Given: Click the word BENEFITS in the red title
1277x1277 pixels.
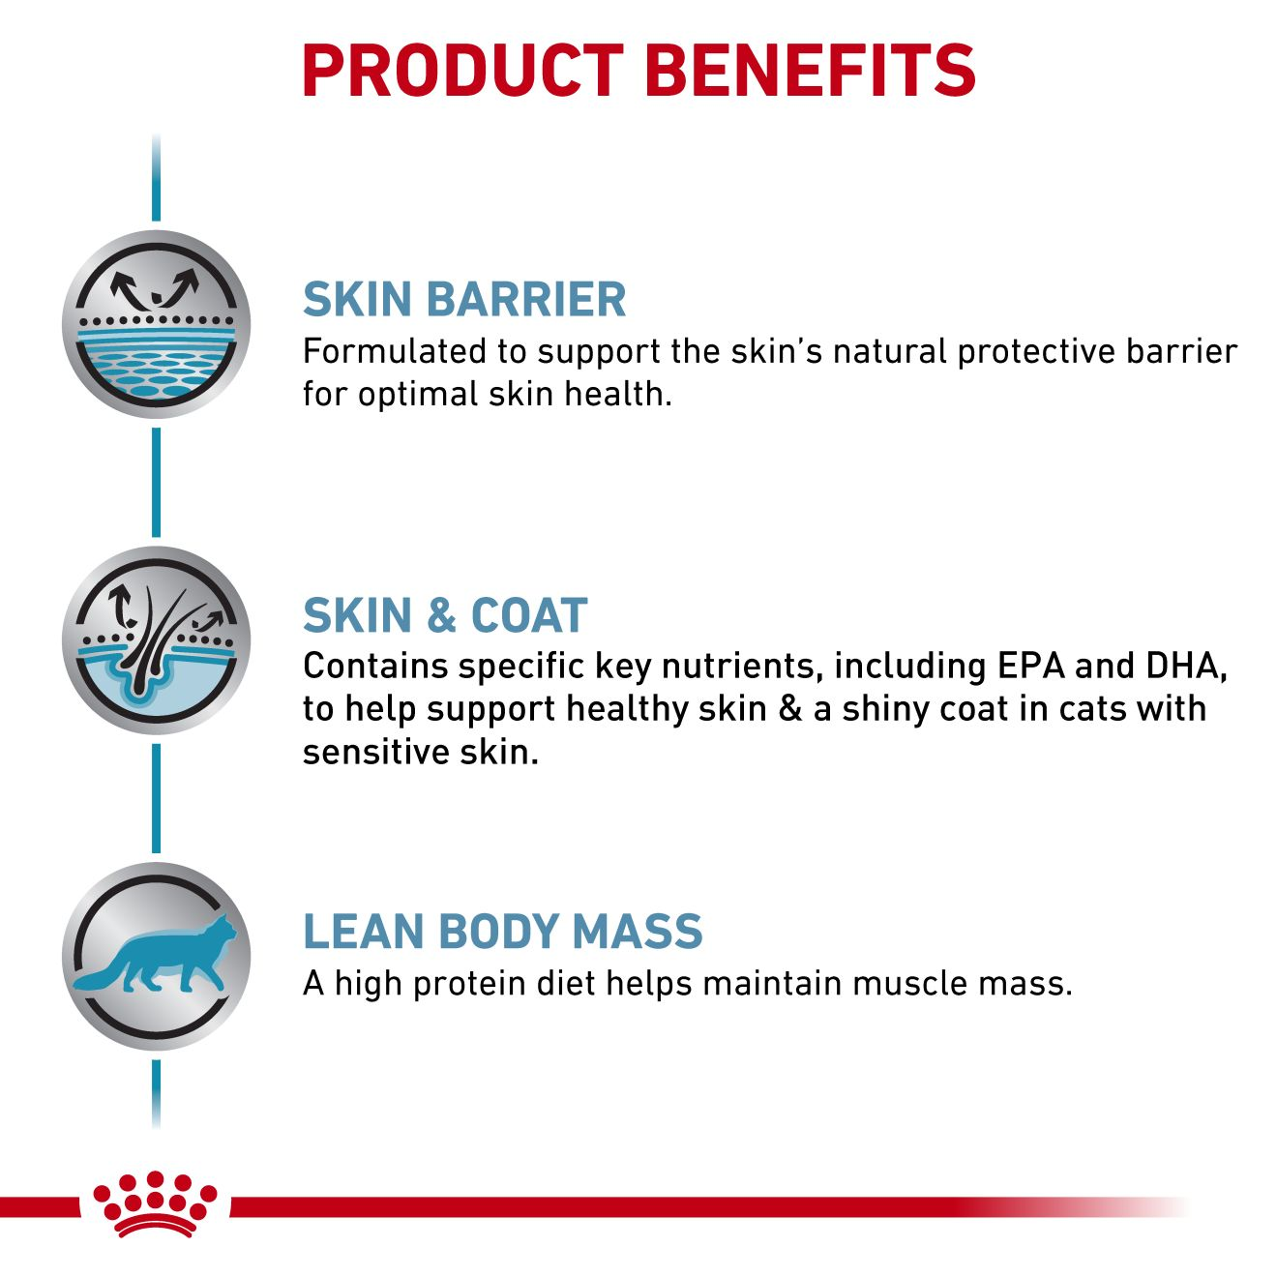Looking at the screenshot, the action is (x=811, y=71).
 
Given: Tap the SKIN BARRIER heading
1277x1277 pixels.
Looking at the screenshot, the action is (x=464, y=300).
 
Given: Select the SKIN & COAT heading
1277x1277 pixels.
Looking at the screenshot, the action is (x=445, y=615).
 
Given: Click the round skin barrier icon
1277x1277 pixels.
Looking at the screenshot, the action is (x=157, y=325).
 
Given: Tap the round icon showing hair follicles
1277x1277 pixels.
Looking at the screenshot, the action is (x=157, y=640).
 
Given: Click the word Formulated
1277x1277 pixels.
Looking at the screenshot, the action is (x=395, y=351).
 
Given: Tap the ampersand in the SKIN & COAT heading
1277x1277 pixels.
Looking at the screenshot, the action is (x=442, y=615).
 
